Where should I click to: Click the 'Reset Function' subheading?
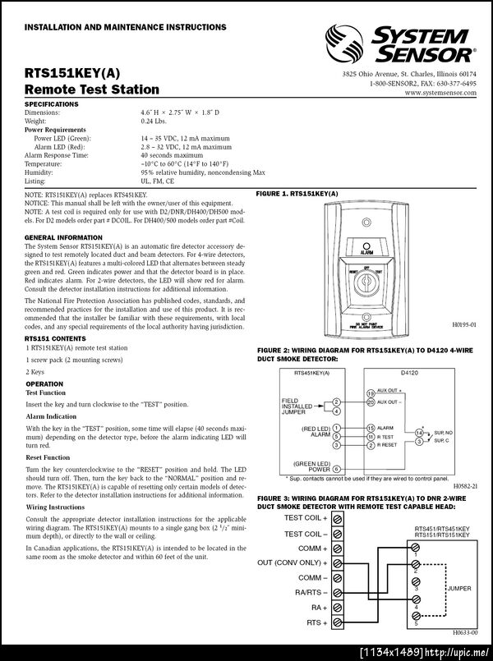(48, 457)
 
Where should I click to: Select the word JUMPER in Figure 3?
(458, 589)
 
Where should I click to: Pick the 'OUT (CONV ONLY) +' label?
(291, 562)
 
